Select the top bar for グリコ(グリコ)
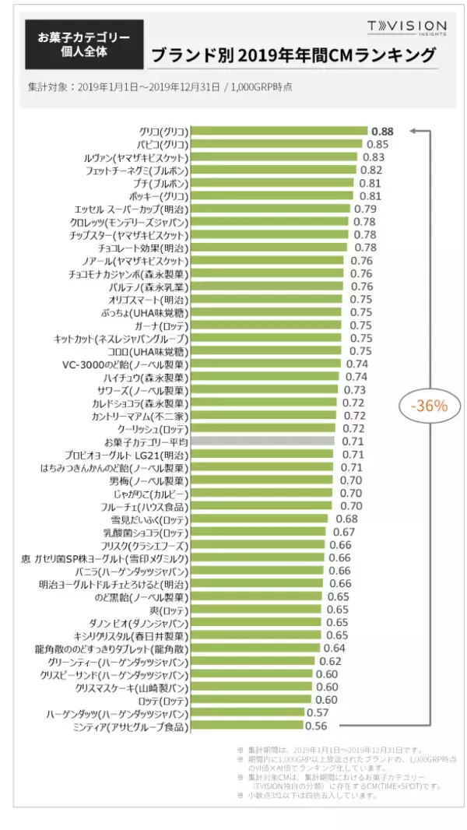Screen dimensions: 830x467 (279, 132)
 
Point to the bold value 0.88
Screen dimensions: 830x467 (382, 132)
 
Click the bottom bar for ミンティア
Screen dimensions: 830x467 (247, 726)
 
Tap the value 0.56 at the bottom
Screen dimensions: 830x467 (316, 726)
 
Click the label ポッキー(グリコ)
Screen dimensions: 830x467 (158, 196)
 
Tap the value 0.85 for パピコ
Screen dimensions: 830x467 (377, 144)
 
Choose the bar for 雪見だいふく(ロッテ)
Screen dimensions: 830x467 (261, 519)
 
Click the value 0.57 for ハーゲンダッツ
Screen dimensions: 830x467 (318, 712)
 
